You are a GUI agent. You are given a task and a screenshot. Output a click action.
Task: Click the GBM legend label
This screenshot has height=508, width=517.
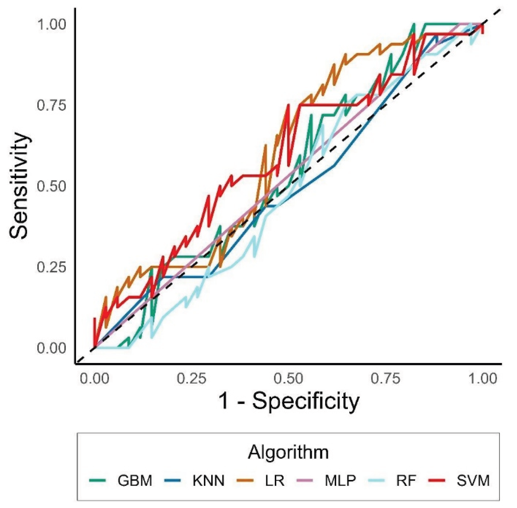click(135, 480)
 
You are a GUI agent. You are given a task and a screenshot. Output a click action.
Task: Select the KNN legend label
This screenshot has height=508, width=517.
click(208, 480)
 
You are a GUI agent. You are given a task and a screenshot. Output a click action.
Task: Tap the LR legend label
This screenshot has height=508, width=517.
click(275, 480)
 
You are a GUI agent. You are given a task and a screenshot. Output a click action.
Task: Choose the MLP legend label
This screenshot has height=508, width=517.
click(340, 480)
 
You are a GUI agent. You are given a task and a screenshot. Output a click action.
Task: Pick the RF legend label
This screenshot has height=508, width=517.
click(406, 480)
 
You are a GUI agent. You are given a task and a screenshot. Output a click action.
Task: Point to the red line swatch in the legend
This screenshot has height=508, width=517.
click(437, 480)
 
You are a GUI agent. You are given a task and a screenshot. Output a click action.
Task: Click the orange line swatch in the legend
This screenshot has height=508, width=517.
click(245, 480)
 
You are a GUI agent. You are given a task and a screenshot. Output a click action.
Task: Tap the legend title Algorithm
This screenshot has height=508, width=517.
click(288, 452)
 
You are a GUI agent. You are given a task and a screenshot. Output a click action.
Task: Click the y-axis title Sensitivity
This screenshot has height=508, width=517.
click(19, 185)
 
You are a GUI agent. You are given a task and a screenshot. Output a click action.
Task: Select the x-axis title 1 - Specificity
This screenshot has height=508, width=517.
click(289, 401)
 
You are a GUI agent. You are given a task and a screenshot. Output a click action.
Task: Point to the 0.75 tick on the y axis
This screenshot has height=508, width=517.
click(51, 105)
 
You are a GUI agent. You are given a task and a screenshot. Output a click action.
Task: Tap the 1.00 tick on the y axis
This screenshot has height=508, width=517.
click(51, 25)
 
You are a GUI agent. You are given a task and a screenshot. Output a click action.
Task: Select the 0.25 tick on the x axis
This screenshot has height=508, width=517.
click(191, 379)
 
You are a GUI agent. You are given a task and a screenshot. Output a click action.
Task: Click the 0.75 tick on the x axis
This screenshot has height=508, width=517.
click(385, 379)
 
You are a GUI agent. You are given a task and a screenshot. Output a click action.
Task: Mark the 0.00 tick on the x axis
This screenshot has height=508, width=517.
click(94, 379)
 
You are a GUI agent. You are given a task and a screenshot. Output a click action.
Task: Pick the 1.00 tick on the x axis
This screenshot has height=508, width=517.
click(483, 379)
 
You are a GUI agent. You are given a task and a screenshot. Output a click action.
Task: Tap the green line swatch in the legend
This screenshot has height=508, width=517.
click(97, 480)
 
